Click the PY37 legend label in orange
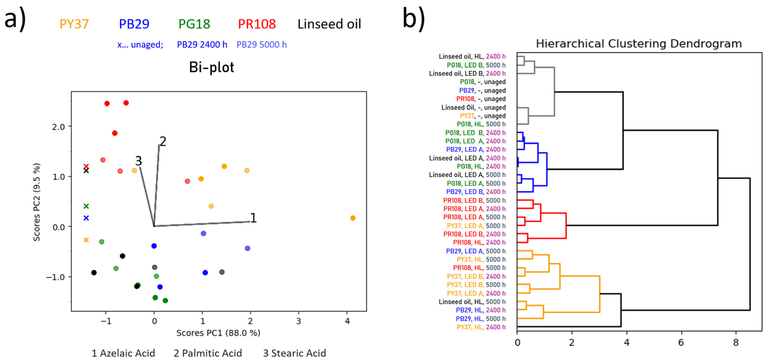[74, 24]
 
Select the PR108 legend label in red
[257, 24]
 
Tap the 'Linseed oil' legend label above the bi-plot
[329, 24]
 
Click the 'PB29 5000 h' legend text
[261, 45]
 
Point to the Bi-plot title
[211, 67]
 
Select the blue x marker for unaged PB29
[86, 218]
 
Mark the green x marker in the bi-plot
[86, 206]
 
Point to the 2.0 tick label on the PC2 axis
[58, 127]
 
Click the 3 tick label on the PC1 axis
[299, 321]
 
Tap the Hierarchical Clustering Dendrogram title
[639, 44]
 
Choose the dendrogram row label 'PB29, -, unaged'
[482, 90]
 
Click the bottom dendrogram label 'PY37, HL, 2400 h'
[481, 327]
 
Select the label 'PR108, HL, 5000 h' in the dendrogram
[479, 268]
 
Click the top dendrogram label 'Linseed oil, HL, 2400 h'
[472, 56]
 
